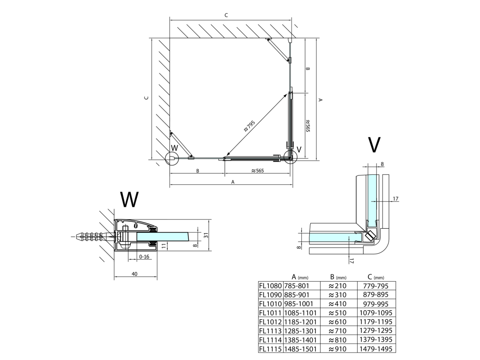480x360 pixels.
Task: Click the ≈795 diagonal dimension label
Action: coord(249,126)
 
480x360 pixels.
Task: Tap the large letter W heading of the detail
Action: coord(129,199)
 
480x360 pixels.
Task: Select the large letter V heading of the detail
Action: coord(374,145)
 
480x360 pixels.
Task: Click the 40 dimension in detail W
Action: coord(135,274)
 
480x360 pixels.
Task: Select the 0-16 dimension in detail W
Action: coord(144,256)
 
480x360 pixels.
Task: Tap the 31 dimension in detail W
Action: coord(206,235)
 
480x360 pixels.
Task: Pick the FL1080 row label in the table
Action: coord(270,286)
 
